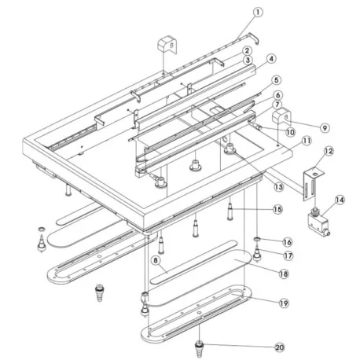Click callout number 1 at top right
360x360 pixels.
click(x=259, y=12)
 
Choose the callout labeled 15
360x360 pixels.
click(x=277, y=209)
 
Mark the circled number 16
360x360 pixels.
click(x=288, y=241)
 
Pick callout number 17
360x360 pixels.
click(x=288, y=255)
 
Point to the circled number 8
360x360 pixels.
click(x=156, y=259)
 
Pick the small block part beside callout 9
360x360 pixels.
click(x=278, y=118)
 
